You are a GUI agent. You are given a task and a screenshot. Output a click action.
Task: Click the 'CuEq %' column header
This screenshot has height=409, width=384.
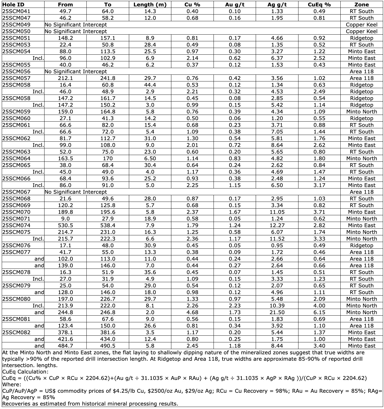pos(319,5)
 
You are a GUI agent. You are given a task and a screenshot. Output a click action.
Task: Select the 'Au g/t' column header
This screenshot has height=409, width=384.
pos(234,5)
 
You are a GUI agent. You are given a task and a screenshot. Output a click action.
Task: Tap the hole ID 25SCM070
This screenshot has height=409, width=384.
pos(16,212)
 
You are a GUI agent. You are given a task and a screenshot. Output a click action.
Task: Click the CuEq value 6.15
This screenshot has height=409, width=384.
pos(319,312)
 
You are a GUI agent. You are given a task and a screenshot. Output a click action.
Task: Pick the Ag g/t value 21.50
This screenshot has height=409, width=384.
pos(277,312)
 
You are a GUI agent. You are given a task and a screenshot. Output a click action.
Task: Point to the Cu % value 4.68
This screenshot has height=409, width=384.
pos(192,312)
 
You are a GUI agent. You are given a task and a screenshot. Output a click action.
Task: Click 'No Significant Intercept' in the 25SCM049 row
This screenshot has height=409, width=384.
pos(76,25)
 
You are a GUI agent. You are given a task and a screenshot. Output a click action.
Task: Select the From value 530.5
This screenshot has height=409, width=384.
pos(65,225)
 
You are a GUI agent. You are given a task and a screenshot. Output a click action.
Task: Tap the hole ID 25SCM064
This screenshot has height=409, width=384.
pos(16,159)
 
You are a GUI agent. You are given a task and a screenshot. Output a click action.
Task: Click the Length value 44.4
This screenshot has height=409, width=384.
pos(150,85)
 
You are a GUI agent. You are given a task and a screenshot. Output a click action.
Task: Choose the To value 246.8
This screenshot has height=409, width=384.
pos(108,312)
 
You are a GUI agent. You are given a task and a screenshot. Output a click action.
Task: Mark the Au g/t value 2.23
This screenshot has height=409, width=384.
pos(234,306)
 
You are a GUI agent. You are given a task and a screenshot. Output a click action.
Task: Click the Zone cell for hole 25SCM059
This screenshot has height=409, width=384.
pos(361,112)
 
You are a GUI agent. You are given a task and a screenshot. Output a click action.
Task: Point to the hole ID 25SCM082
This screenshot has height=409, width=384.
pos(16,332)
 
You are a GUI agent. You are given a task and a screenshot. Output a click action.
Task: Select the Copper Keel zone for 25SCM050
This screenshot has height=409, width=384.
pos(361,31)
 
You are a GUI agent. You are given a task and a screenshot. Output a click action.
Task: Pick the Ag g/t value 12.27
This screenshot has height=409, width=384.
pos(277,225)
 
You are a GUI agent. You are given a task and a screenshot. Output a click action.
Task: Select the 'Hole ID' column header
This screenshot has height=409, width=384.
pos(13,5)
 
